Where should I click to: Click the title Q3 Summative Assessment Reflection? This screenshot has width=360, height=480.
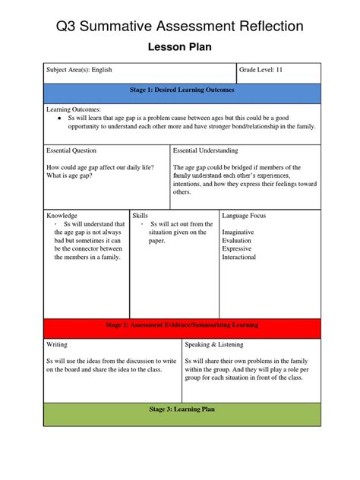coord(179,27)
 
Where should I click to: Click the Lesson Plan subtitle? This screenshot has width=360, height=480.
coord(179,48)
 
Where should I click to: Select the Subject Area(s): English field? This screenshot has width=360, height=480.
coord(79,70)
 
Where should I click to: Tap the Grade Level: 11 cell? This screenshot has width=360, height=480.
coord(261,70)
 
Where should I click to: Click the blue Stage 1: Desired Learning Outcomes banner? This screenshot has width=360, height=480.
coord(182,90)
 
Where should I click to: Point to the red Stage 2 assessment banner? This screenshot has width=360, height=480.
coord(182,325)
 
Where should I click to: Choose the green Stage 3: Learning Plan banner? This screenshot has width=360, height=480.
coord(182,409)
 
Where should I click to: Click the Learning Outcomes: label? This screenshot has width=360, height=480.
coord(74,109)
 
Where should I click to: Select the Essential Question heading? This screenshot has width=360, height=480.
coord(71,151)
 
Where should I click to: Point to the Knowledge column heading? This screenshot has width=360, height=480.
coord(62,216)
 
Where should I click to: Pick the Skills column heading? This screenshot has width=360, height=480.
coord(141,216)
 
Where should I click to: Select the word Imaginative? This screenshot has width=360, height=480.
coord(239,232)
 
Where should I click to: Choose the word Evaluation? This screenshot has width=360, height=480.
coord(238,240)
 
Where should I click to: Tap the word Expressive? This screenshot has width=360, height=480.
coord(237,248)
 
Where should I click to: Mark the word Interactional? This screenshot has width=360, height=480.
coord(239,257)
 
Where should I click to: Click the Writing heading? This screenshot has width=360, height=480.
coord(57,345)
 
